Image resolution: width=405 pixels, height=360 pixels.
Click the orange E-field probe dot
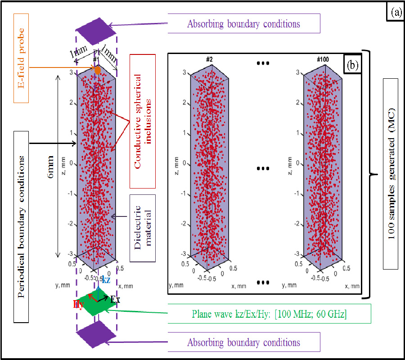(97, 70)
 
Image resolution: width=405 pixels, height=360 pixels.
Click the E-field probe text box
(21, 58)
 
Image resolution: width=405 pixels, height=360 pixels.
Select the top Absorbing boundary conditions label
(244, 23)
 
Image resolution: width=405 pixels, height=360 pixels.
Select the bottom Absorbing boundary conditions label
(244, 342)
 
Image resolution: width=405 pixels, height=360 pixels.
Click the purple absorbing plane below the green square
(96, 334)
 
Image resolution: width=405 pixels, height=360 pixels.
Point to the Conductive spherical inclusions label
(143, 121)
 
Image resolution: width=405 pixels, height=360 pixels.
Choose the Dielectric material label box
(143, 228)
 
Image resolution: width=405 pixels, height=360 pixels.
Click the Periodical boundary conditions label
(21, 227)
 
